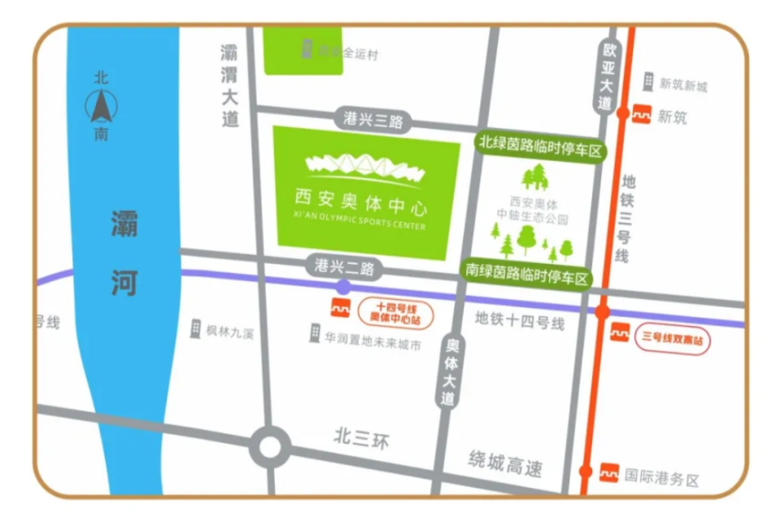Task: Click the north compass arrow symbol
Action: (x=102, y=105)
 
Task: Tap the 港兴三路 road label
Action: (x=373, y=120)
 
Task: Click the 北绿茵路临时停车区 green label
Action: (x=540, y=147)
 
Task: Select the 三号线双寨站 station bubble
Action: (x=672, y=337)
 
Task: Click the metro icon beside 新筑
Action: (x=642, y=116)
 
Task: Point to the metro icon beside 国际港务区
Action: (x=609, y=472)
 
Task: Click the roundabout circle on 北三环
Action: (x=269, y=446)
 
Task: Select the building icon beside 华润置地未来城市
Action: (x=315, y=333)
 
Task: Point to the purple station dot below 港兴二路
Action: (x=344, y=287)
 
